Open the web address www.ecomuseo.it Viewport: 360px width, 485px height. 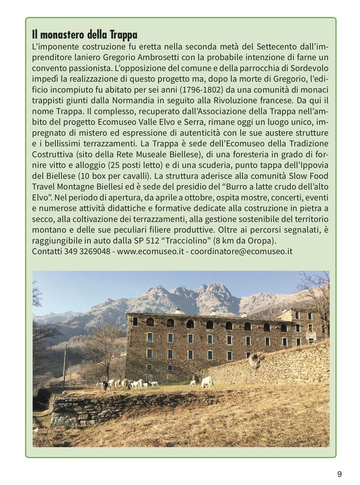coord(150,251)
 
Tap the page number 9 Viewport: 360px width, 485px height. coord(339,474)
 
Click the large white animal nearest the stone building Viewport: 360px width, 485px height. coord(206,382)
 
